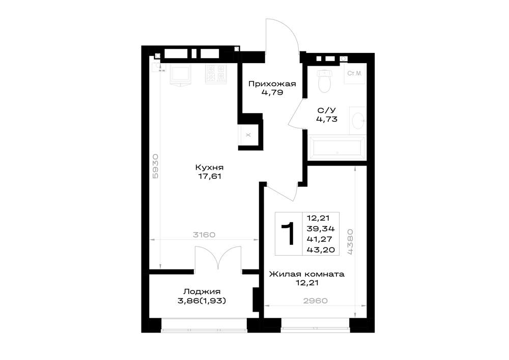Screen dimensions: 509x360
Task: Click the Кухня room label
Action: coord(209,168)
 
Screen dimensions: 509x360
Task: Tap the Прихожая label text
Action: coord(272,84)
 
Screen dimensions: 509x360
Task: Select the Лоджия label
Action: coord(202,291)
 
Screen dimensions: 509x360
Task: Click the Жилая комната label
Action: coord(307,274)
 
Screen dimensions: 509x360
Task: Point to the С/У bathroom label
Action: coord(327,110)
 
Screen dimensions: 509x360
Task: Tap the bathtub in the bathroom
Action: coord(337,148)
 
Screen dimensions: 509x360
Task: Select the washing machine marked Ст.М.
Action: coord(354,73)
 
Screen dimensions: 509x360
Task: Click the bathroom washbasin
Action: coord(358,121)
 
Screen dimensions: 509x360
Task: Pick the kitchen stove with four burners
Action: coord(215,74)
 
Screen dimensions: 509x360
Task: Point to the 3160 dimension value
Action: coord(204,235)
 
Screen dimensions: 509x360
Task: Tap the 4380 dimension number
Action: coord(350,242)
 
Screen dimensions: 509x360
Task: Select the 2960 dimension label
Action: coord(315,301)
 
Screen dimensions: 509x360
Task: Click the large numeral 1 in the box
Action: coord(288,233)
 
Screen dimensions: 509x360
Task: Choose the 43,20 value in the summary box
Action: coord(321,250)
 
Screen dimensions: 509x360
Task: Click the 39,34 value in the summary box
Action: coord(321,229)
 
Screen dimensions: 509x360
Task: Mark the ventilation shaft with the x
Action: coord(248,135)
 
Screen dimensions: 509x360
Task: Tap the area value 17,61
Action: coord(209,176)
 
